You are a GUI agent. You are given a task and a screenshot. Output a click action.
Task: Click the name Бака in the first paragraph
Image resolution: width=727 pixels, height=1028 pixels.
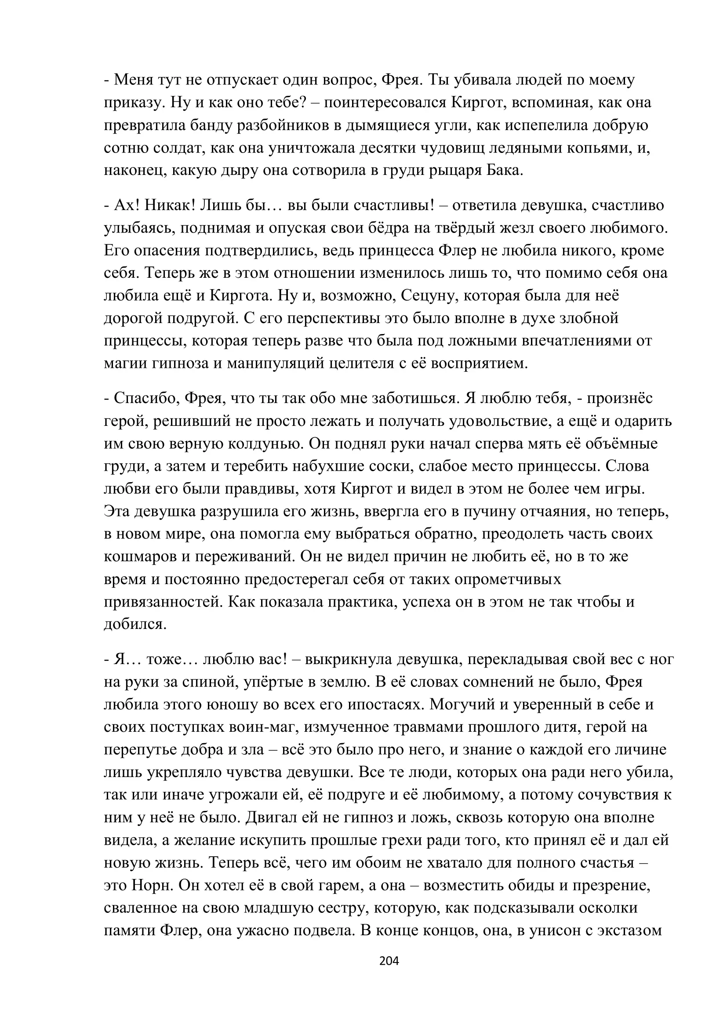tap(505, 171)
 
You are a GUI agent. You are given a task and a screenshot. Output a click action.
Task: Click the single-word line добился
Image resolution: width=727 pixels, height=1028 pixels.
tap(135, 624)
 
